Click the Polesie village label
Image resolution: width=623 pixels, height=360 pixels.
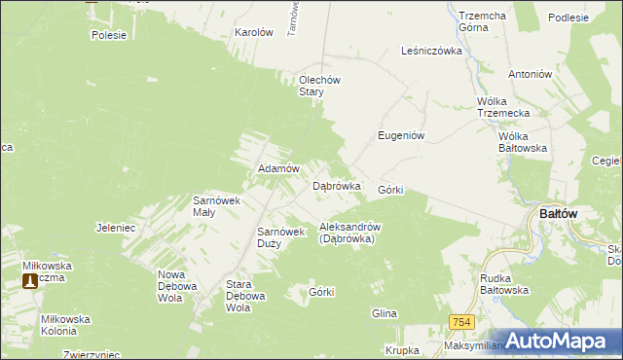(x=109, y=35)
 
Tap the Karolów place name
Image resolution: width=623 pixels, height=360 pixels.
(x=254, y=32)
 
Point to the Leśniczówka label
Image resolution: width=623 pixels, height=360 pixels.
(x=430, y=52)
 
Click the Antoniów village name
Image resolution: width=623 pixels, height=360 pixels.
(x=531, y=74)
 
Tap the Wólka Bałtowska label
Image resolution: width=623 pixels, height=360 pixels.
(x=523, y=142)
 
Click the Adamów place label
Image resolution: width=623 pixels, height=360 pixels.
(x=276, y=168)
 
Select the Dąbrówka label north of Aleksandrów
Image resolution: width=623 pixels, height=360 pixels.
(x=337, y=185)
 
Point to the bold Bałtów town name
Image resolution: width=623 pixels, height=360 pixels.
(x=560, y=214)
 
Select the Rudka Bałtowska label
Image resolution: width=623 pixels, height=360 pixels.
(x=504, y=284)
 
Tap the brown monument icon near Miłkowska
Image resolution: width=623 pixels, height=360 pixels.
(x=31, y=281)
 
